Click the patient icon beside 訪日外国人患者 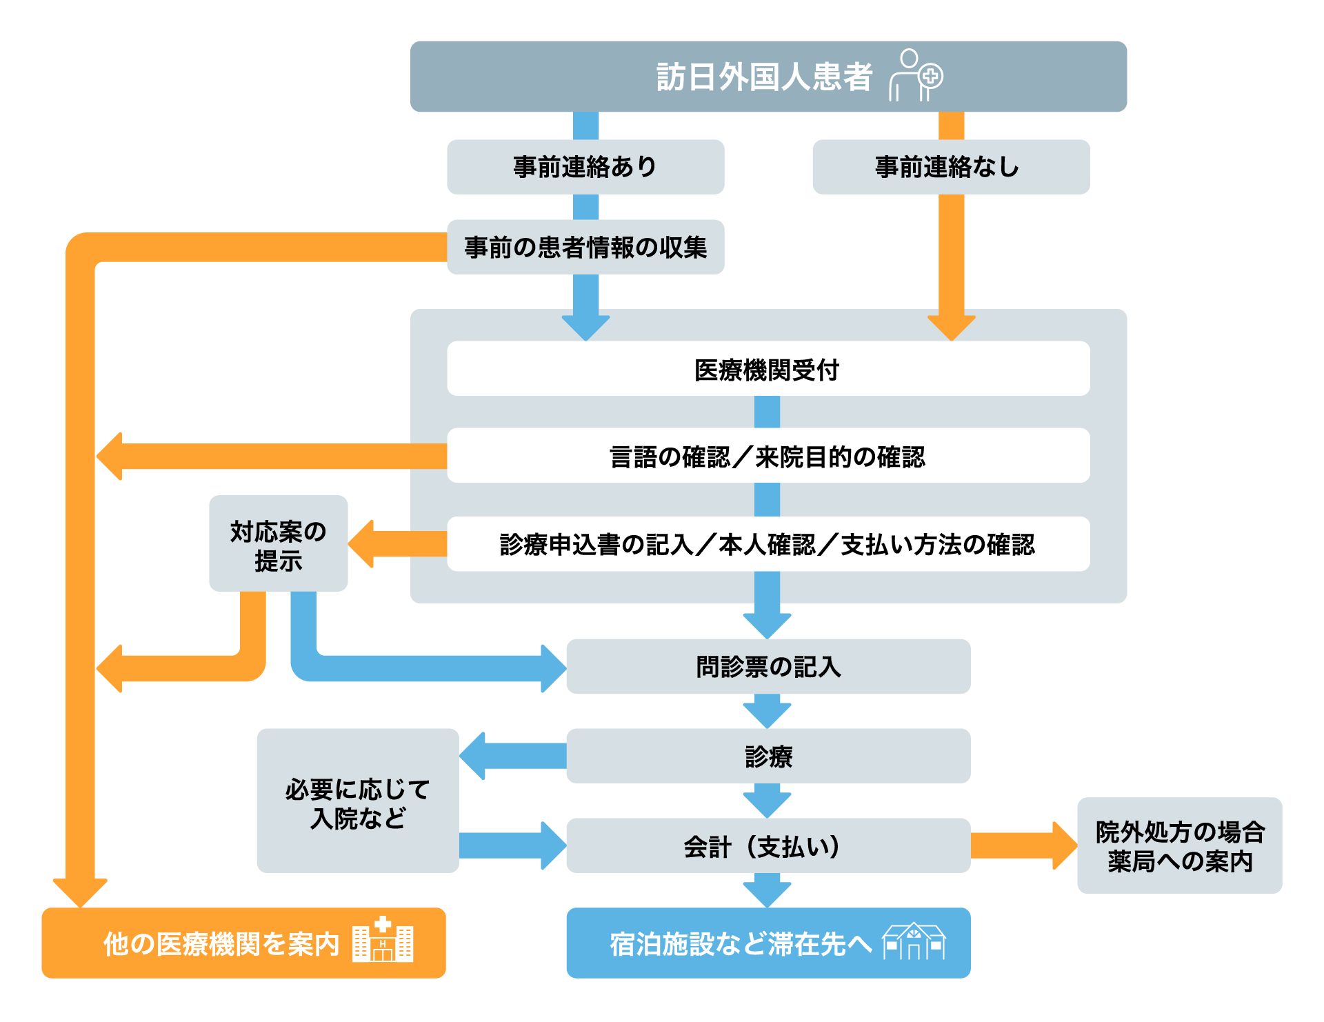tap(916, 76)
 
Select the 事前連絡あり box tap(585, 167)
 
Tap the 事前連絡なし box tap(951, 167)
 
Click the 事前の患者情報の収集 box tap(585, 247)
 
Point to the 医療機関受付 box tap(768, 369)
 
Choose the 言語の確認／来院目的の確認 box tap(768, 456)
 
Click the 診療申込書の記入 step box tap(768, 544)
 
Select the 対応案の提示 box tap(278, 543)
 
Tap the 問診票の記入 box tap(768, 666)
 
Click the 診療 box tap(768, 756)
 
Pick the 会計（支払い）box tap(768, 845)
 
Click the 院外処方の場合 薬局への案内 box tap(1179, 845)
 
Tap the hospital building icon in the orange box tap(383, 940)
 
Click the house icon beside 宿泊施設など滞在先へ tap(914, 941)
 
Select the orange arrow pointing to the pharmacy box tap(1023, 845)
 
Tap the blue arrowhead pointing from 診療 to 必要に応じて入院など tap(474, 756)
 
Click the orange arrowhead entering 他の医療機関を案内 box tap(80, 892)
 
